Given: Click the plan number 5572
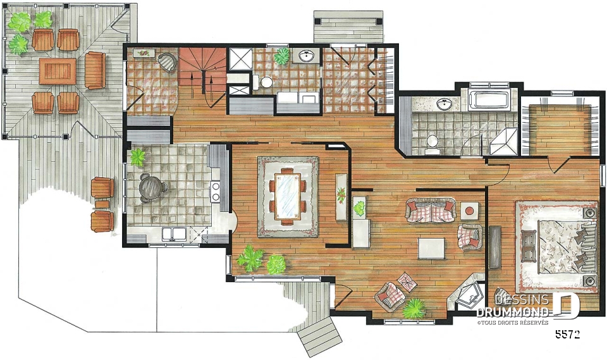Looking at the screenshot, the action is click(568, 335).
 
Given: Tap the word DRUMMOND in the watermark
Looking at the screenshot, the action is click(513, 313).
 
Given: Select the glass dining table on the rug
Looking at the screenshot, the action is click(288, 196).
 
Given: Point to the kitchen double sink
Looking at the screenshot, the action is click(175, 234).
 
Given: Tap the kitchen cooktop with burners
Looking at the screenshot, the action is click(215, 192).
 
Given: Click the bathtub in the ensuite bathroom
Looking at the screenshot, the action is click(489, 99).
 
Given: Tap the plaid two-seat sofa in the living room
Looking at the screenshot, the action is click(431, 210).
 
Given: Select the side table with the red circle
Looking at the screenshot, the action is click(469, 211).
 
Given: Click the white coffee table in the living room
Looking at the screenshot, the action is click(431, 249).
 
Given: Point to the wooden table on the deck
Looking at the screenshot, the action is click(58, 71).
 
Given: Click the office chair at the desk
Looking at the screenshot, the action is click(167, 61).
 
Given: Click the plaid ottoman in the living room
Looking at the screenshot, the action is click(407, 282).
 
